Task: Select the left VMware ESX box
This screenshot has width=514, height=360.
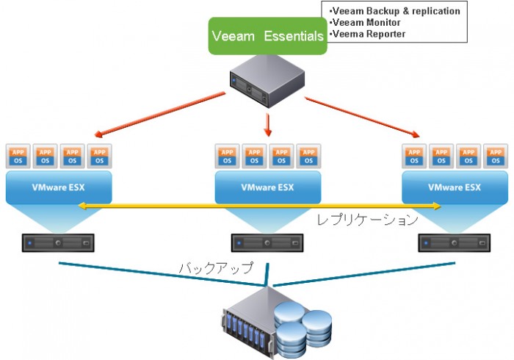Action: [x=58, y=187]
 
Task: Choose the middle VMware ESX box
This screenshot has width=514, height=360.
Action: [x=267, y=187]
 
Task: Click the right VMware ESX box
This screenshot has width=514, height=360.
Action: [x=455, y=187]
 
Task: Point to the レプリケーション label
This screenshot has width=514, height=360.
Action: [x=367, y=220]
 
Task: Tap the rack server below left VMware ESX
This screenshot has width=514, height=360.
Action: [x=58, y=242]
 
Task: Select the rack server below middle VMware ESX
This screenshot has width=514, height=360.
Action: [x=267, y=242]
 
